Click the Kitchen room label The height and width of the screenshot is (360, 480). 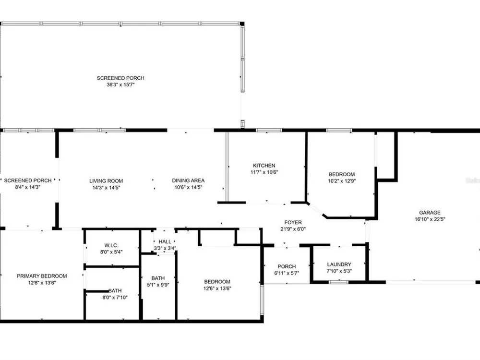(264, 166)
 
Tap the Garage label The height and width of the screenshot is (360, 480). (430, 213)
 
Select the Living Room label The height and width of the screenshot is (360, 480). (106, 181)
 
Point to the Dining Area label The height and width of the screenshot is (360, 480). (188, 180)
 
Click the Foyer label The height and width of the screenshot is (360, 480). (293, 223)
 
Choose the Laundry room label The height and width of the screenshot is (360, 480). (339, 264)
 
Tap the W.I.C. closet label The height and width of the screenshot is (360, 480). (111, 245)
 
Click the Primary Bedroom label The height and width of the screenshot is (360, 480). (42, 276)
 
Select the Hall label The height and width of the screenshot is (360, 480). (165, 242)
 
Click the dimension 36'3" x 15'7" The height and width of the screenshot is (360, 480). (120, 85)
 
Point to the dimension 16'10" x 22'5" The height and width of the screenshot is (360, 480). (430, 219)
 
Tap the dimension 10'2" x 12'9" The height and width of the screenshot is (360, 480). (342, 181)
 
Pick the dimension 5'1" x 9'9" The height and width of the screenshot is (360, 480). (158, 285)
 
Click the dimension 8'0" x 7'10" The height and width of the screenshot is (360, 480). (115, 297)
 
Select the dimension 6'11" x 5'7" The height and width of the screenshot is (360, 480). (287, 273)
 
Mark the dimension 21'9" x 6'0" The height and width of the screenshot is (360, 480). (293, 229)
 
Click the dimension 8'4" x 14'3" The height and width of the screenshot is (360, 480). (28, 187)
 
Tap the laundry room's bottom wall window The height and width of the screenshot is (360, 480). (338, 282)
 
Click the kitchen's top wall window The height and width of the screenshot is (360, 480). (269, 131)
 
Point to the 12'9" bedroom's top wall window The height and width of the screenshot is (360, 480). (339, 131)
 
